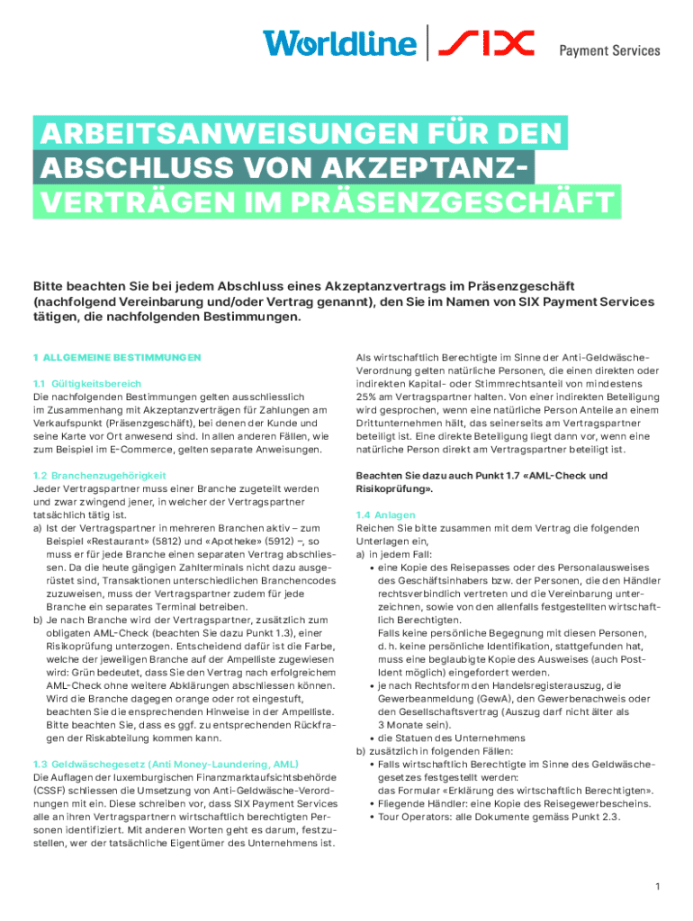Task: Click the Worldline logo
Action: pyautogui.click(x=339, y=43)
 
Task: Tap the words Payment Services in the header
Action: pyautogui.click(x=610, y=51)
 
